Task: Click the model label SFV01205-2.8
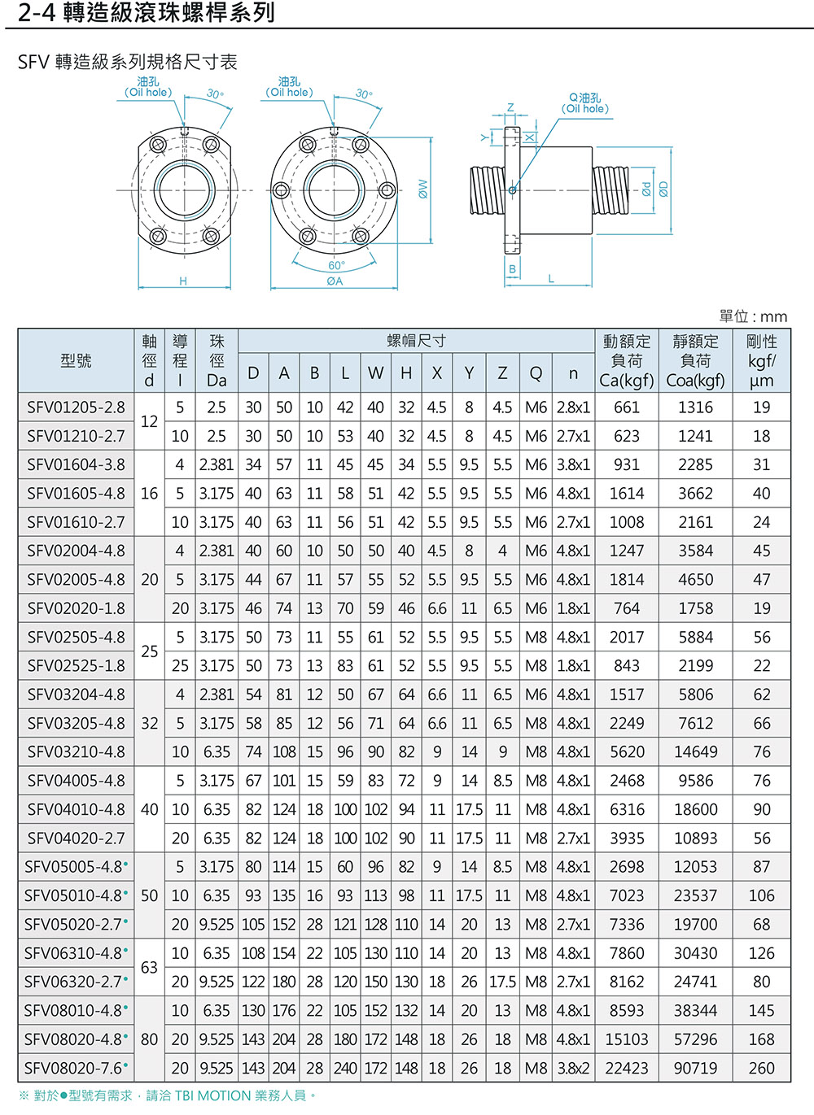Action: point(76,407)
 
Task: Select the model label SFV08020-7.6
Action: point(76,1068)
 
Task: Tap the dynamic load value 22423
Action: point(626,1068)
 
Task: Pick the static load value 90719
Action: point(695,1068)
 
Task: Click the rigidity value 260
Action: point(761,1068)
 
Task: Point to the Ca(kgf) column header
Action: point(626,380)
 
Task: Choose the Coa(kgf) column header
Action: point(695,380)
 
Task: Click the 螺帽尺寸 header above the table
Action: point(416,341)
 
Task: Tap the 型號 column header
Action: point(76,360)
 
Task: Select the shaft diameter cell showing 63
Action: point(149,968)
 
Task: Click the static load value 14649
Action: point(695,752)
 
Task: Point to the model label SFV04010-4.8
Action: point(76,809)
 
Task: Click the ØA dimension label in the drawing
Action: point(335,281)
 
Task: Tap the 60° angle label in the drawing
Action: point(336,265)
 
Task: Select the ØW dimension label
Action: point(422,189)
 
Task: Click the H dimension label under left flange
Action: point(183,281)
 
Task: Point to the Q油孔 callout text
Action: point(584,102)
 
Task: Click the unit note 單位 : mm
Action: point(753,316)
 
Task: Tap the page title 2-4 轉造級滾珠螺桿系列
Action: point(147,13)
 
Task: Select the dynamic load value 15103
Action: point(626,1039)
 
